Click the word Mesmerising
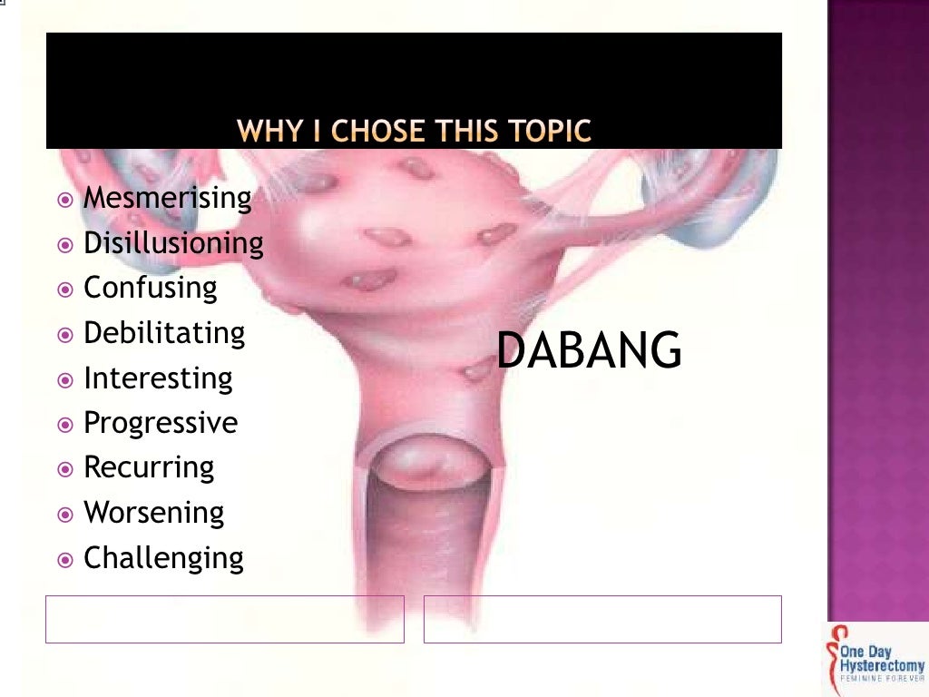pyautogui.click(x=167, y=198)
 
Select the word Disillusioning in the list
pyautogui.click(x=173, y=243)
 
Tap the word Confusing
pyautogui.click(x=151, y=289)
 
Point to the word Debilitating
pyautogui.click(x=164, y=333)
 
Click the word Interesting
pyautogui.click(x=158, y=378)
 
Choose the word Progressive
pyautogui.click(x=161, y=423)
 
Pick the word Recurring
pyautogui.click(x=149, y=467)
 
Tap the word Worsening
pyautogui.click(x=153, y=513)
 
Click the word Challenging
pyautogui.click(x=163, y=557)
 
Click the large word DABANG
pyautogui.click(x=589, y=351)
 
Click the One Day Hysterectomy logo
pyautogui.click(x=875, y=659)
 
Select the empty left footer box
pyautogui.click(x=224, y=619)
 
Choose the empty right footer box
pyautogui.click(x=602, y=619)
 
